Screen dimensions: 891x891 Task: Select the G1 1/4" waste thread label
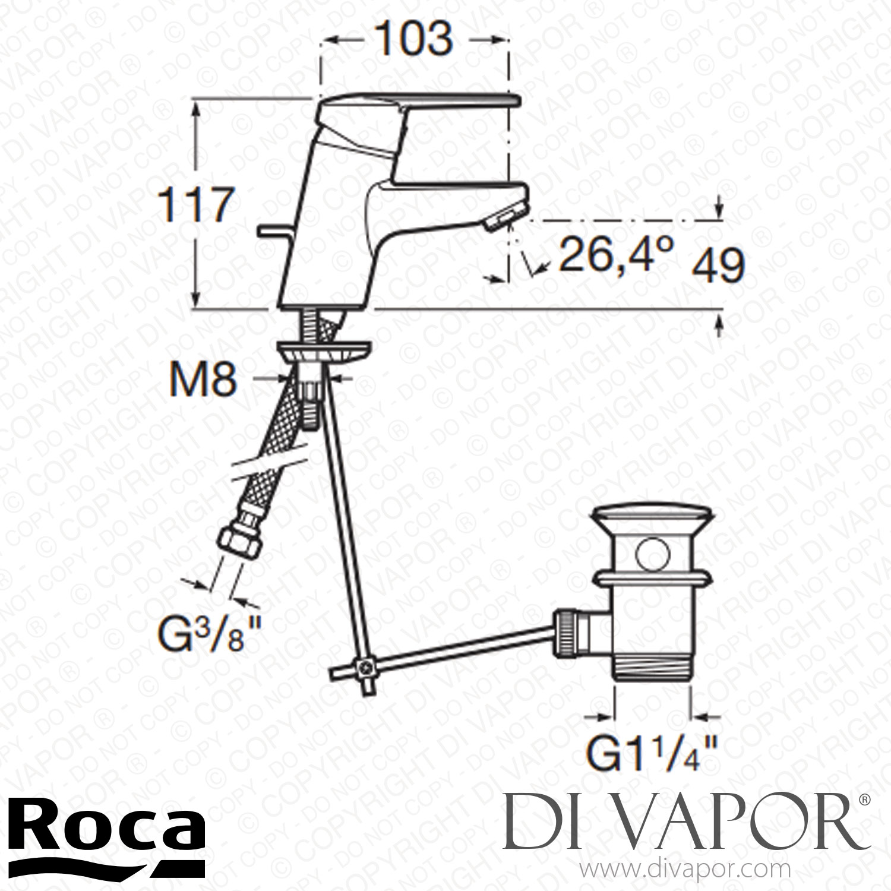point(652,754)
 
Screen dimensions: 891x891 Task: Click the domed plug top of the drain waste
point(650,517)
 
